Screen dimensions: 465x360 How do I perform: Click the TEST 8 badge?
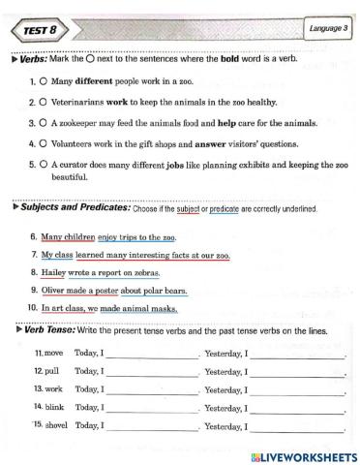[39, 31]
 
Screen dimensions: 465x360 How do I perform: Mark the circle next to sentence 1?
[45, 83]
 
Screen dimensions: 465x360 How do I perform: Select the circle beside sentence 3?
[45, 123]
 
